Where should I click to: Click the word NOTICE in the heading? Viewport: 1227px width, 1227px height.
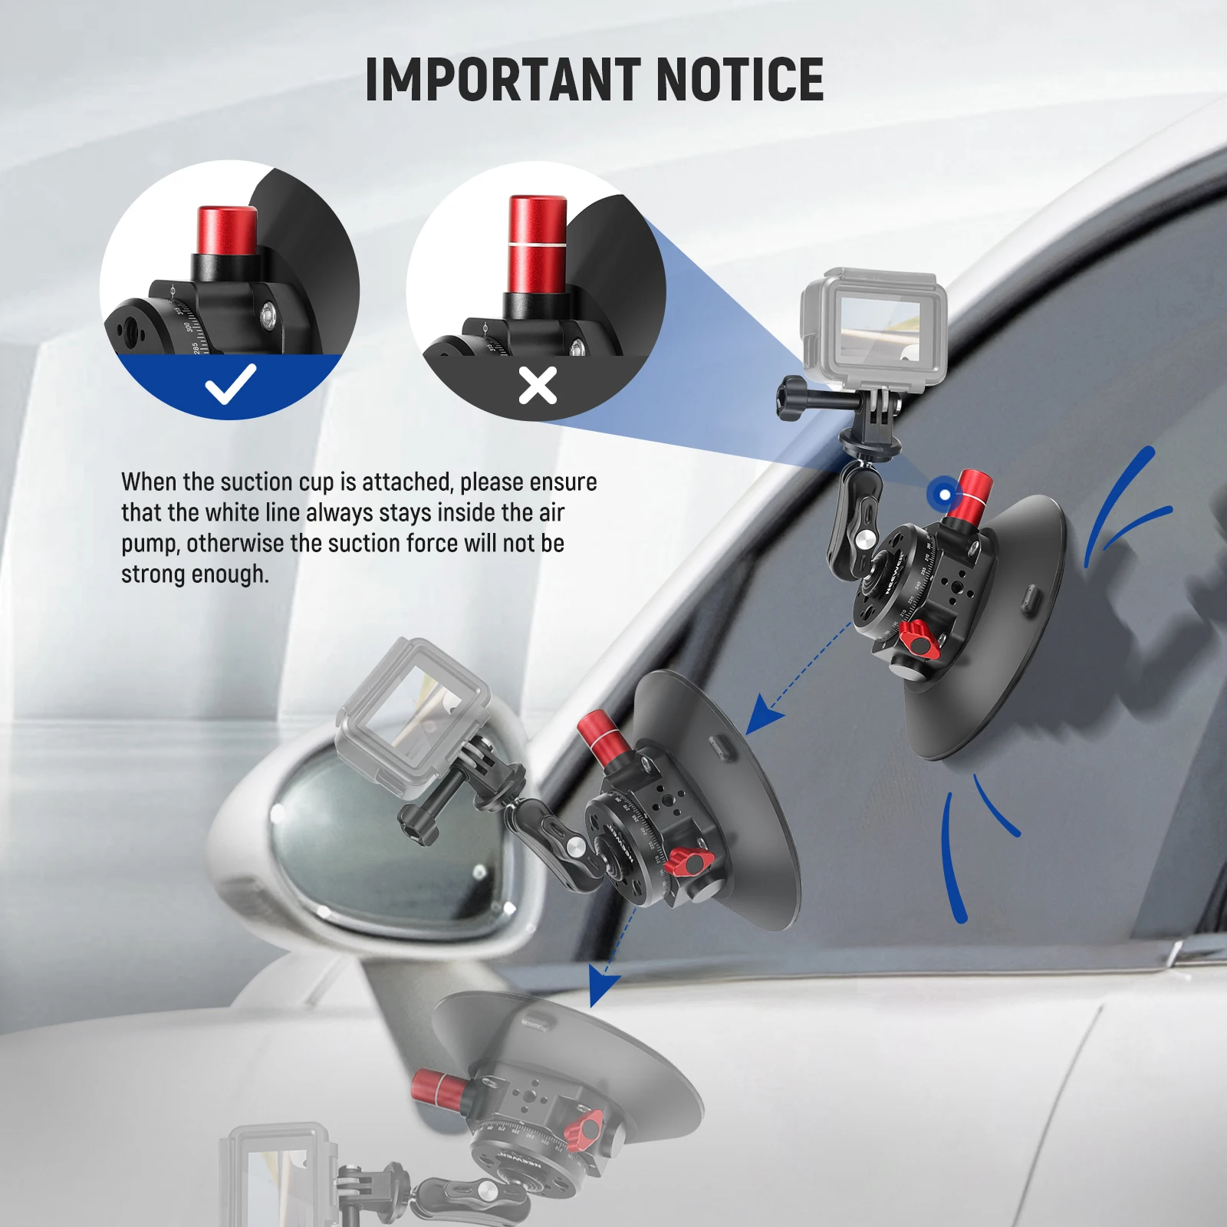pos(739,79)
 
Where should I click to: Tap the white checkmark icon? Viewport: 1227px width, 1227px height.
pos(230,383)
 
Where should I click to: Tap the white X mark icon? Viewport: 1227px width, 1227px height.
pos(538,385)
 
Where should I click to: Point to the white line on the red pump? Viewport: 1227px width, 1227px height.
pos(538,244)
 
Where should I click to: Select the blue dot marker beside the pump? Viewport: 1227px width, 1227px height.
pos(945,495)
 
